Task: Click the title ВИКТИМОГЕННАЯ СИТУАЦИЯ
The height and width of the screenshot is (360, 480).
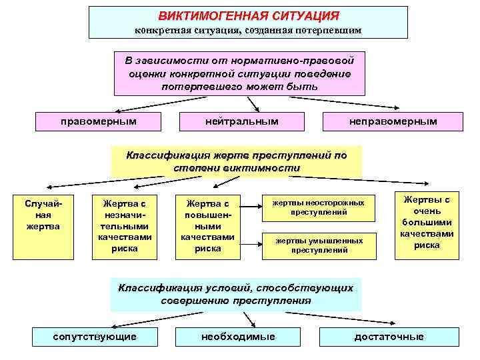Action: [x=248, y=15]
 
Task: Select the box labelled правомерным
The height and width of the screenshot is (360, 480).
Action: [x=98, y=121]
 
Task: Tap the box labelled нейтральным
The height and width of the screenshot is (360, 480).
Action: [x=242, y=121]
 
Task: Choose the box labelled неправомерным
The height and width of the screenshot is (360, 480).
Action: [x=393, y=121]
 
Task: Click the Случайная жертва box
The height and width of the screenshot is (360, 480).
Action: [x=41, y=227]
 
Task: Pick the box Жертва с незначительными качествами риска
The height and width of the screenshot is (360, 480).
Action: [x=125, y=227]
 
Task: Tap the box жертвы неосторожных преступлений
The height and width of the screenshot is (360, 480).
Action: [x=319, y=207]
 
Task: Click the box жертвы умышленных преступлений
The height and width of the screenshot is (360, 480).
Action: [x=319, y=245]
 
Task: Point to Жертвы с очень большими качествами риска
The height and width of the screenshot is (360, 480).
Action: [x=427, y=222]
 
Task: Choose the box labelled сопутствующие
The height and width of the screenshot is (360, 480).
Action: [x=95, y=336]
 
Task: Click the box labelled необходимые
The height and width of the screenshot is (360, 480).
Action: [x=238, y=336]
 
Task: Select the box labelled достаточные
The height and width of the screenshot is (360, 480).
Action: [x=389, y=336]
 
